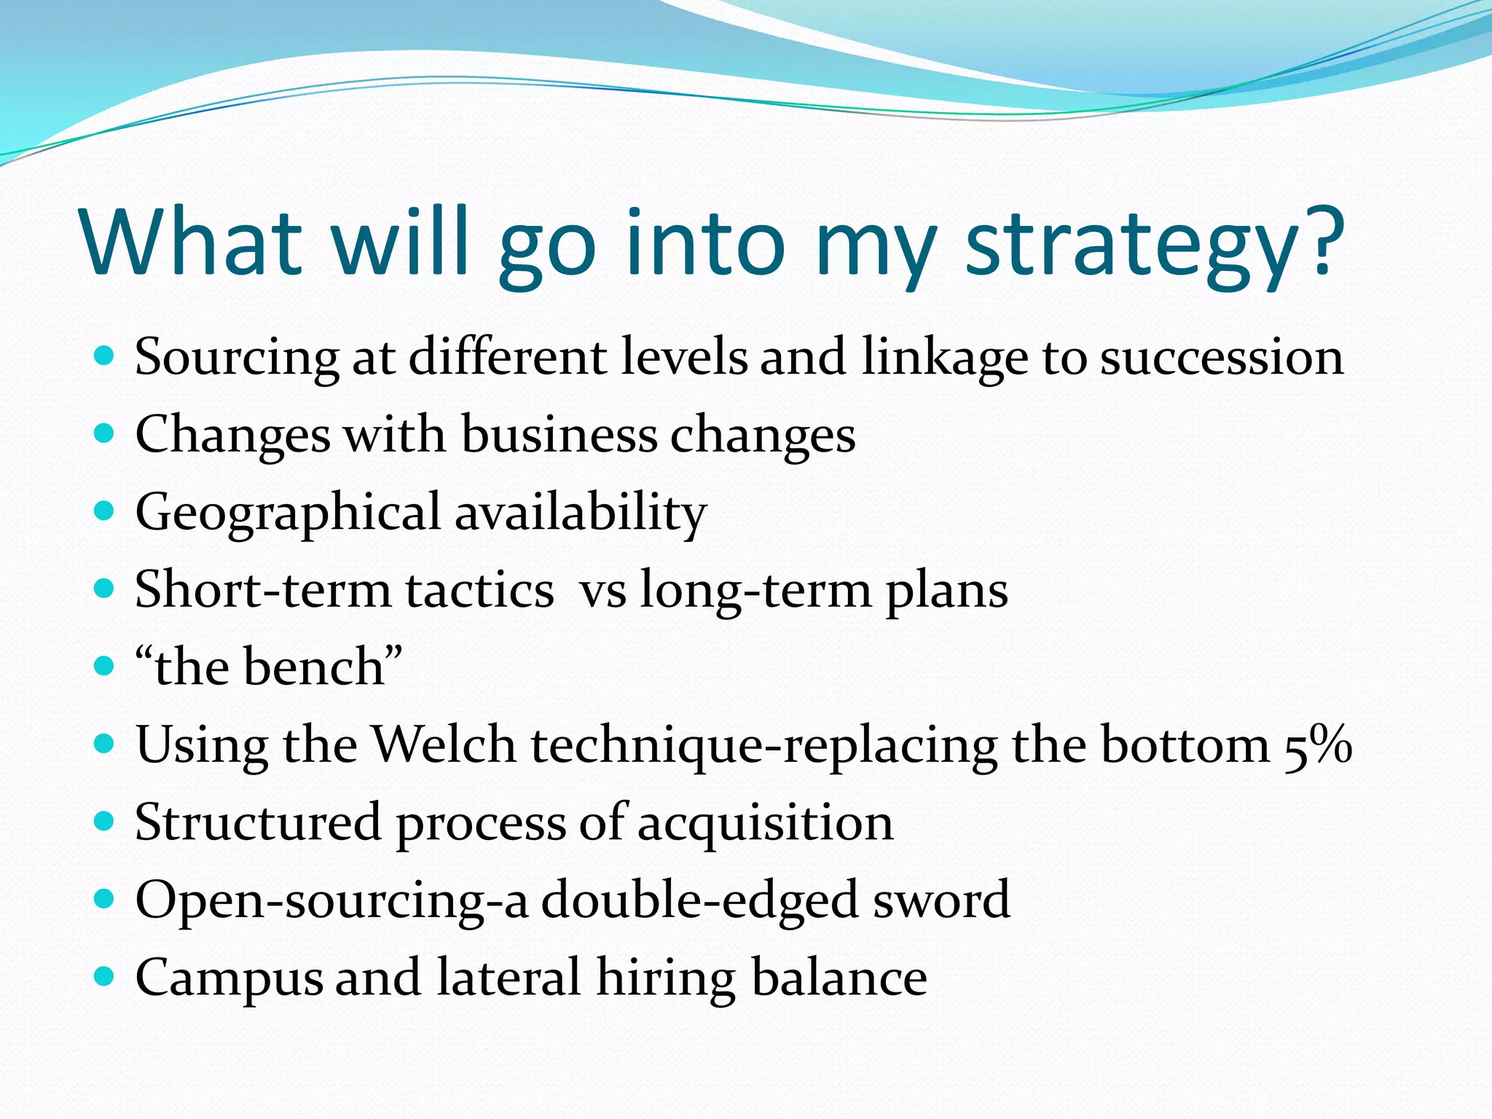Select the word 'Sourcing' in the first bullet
point(237,358)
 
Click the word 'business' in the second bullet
point(559,434)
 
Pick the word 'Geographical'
point(288,513)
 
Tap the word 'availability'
point(581,513)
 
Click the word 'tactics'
point(480,589)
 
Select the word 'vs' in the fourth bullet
point(603,591)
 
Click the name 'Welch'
point(444,745)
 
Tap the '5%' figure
point(1318,745)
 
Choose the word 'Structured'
point(258,822)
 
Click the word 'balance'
point(839,977)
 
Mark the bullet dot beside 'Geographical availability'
point(105,511)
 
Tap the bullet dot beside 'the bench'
point(105,666)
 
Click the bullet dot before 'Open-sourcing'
point(105,898)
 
